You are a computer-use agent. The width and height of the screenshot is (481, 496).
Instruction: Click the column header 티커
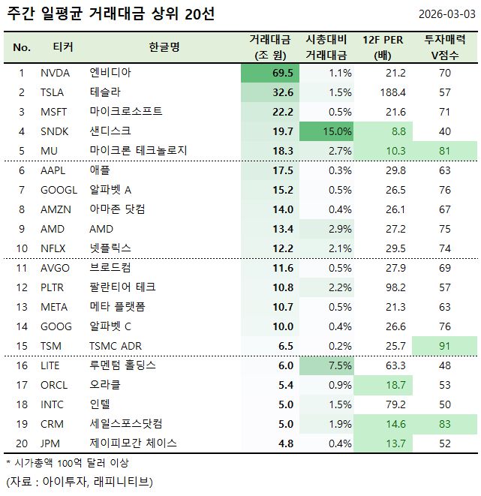click(63, 47)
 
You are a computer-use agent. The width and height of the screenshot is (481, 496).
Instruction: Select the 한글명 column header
click(164, 47)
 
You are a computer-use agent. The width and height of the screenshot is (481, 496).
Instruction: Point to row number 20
click(22, 443)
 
